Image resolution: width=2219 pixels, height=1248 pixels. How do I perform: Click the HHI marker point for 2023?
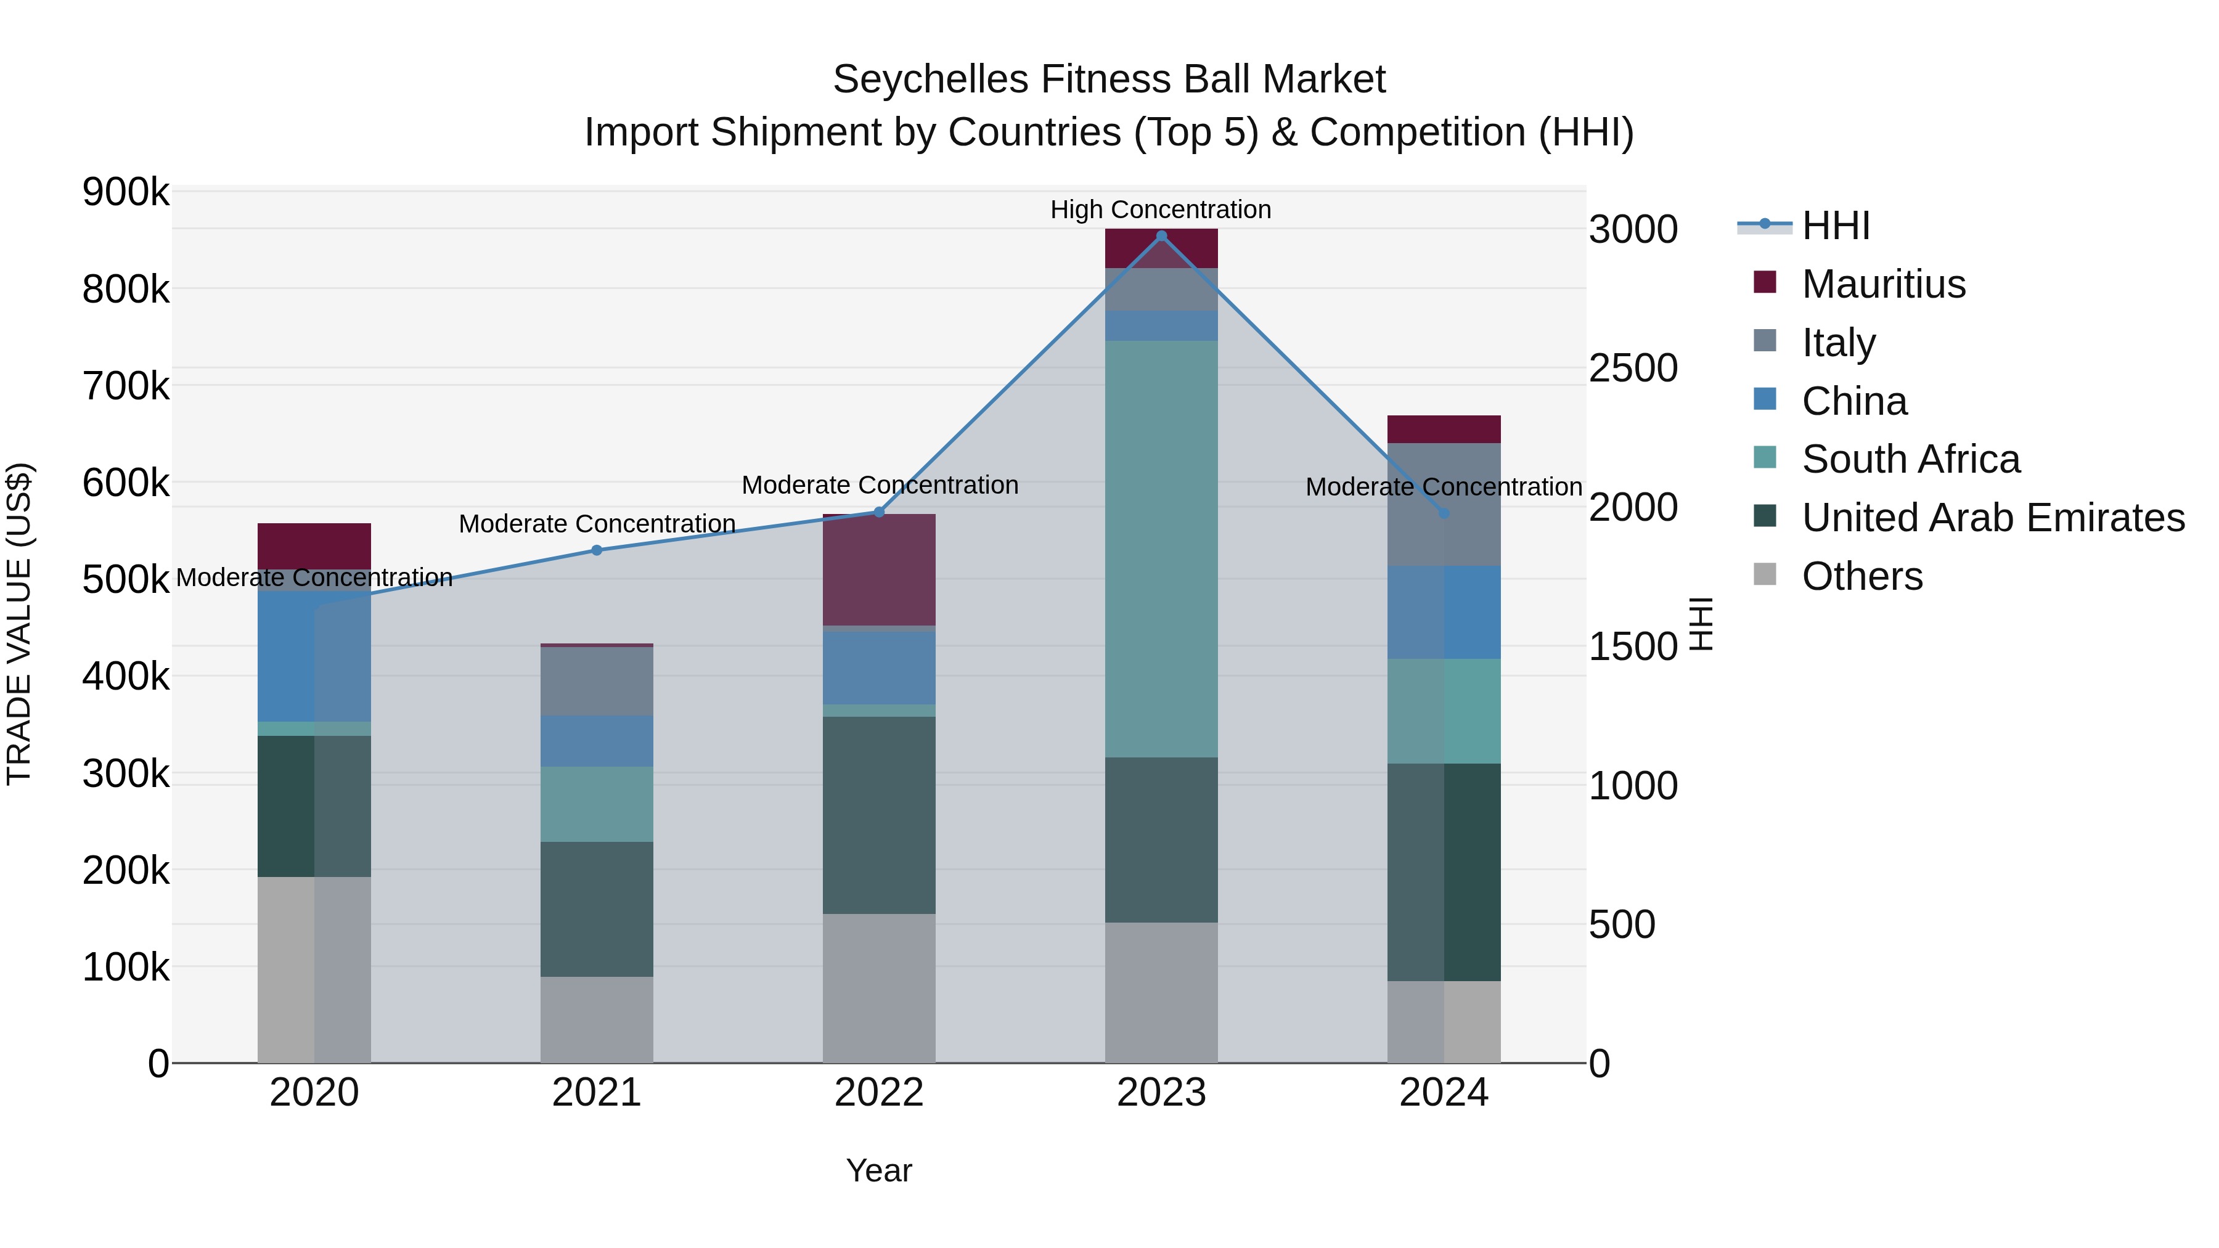point(1161,236)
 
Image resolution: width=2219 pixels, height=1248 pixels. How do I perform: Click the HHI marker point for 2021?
point(597,550)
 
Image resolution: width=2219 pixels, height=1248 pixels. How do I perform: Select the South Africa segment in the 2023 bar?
point(1161,549)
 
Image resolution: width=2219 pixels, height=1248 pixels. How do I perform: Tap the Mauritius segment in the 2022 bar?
point(878,569)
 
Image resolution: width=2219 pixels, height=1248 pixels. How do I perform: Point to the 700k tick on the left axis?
point(126,386)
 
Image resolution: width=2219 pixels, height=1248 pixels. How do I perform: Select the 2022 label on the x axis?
point(878,1093)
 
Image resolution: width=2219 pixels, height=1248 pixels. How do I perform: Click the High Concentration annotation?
point(1160,210)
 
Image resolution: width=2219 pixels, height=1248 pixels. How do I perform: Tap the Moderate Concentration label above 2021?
point(597,524)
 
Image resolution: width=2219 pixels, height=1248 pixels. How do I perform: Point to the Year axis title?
point(878,1170)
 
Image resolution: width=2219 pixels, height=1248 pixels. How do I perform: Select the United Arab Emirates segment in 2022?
point(878,815)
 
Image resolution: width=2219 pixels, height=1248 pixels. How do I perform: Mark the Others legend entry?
point(1861,576)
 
